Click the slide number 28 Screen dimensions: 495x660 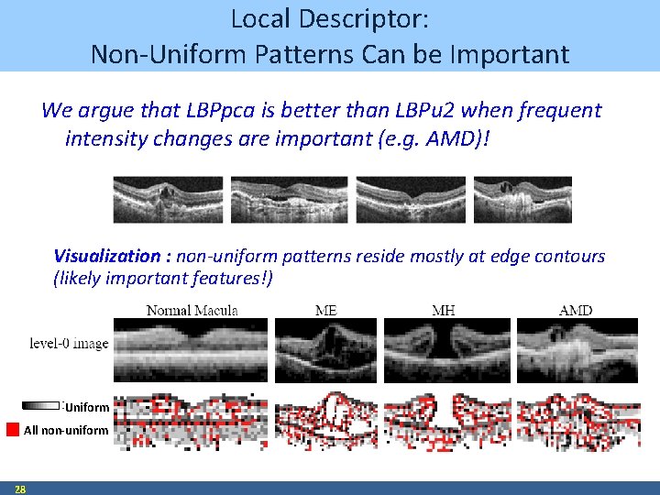pos(19,489)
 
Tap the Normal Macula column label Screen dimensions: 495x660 pos(192,310)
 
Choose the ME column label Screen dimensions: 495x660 pos(325,310)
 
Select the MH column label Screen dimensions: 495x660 pos(443,310)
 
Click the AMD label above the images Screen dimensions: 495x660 pos(576,310)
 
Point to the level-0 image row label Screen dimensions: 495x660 pos(69,344)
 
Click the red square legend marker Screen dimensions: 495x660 pos(13,429)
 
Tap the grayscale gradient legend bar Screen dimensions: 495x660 pos(41,405)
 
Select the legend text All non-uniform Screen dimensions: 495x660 pos(66,430)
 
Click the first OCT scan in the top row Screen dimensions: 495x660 pos(168,199)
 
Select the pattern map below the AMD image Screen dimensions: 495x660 pos(575,421)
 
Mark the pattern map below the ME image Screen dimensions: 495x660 pos(325,421)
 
